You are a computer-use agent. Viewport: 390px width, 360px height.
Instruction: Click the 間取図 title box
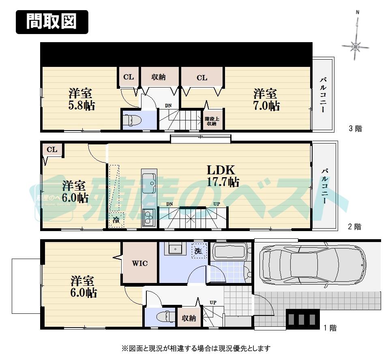coord(51,21)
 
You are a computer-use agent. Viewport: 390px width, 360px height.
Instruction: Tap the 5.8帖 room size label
coord(81,106)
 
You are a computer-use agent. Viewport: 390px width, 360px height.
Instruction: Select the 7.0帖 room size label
coord(266,106)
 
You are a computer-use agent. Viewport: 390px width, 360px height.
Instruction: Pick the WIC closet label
coord(140,264)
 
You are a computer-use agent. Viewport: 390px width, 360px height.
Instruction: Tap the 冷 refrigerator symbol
coord(116,221)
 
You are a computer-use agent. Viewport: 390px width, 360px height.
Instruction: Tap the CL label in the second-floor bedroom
coord(51,150)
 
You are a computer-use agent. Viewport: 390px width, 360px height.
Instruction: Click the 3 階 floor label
coord(355,129)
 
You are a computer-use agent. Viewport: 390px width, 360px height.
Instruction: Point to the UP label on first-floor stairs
coord(213,302)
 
